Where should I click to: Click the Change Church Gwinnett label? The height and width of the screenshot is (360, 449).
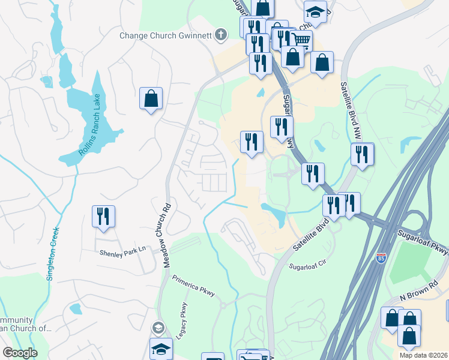point(166,35)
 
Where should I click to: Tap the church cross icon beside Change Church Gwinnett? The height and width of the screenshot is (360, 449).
point(221,34)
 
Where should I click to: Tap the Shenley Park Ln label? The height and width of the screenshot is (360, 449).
point(123,254)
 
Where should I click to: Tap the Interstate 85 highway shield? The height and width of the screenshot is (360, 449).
point(381,258)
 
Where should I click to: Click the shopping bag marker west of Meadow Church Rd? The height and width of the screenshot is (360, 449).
point(151,98)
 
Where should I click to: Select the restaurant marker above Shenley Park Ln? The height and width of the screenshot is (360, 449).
point(103,217)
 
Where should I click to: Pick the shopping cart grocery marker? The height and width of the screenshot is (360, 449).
point(301,41)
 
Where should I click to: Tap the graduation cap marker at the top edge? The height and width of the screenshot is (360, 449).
point(315,13)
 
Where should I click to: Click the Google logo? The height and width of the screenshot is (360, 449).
point(20,352)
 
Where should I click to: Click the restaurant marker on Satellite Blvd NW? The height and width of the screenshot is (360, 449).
point(362,154)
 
